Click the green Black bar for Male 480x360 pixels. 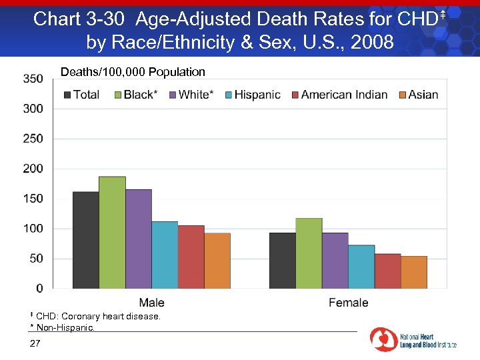[x=112, y=233]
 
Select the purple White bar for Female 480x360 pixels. [x=335, y=261]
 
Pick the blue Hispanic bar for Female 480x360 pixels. [x=361, y=267]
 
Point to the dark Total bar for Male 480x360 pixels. [x=85, y=240]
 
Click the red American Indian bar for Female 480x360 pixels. [x=387, y=271]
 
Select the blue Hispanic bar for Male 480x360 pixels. [x=165, y=255]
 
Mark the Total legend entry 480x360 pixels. [x=81, y=95]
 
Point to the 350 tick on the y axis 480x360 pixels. [x=33, y=79]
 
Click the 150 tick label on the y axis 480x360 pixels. [x=33, y=199]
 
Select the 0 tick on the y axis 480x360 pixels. [x=39, y=289]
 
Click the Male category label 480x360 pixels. [x=151, y=303]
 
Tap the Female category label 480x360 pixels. [x=348, y=303]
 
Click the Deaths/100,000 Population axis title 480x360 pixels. [x=133, y=72]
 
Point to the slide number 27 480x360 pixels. [x=35, y=343]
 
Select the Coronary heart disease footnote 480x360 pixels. [x=96, y=316]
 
